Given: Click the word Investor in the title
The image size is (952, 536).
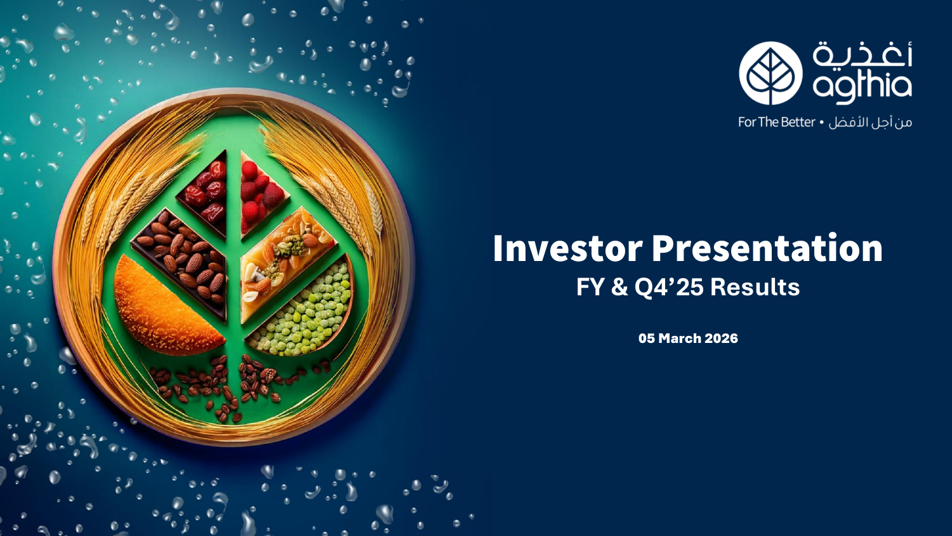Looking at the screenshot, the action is point(568,248).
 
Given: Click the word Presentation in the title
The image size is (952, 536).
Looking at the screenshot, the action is point(767,248).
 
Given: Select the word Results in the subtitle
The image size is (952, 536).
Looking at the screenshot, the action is point(755,287).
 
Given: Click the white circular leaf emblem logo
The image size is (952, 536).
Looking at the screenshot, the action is point(770,73).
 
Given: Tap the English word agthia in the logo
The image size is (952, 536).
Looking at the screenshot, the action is point(862,87).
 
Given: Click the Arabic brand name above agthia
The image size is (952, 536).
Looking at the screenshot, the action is point(863,55).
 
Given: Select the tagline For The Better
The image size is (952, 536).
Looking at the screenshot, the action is point(776,123).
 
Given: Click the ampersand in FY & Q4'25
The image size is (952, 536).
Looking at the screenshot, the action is point(619,287).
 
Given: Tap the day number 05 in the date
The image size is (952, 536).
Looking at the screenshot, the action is point(647,338).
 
